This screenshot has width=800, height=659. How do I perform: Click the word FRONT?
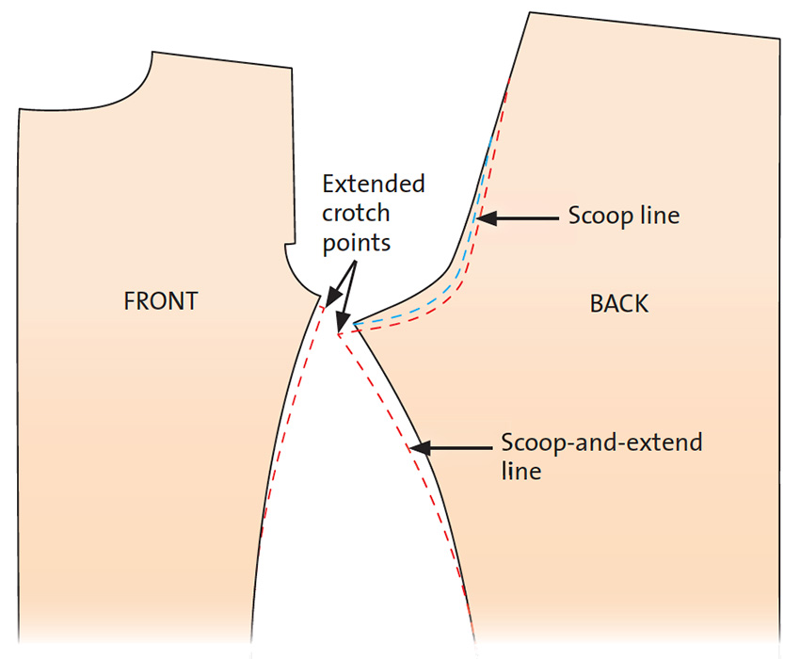click(x=161, y=301)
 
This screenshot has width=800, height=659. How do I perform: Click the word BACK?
click(x=619, y=304)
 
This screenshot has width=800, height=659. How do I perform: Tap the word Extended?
click(x=374, y=184)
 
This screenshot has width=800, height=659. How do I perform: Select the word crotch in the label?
click(x=356, y=213)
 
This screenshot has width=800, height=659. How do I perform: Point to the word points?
click(x=357, y=243)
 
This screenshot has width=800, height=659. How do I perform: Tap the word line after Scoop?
click(x=660, y=215)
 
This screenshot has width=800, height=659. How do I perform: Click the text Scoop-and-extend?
click(x=601, y=442)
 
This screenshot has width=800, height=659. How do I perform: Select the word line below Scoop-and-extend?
click(x=520, y=471)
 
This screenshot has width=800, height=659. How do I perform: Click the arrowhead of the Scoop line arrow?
click(x=486, y=218)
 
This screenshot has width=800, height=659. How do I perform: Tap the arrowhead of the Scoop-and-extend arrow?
click(x=420, y=448)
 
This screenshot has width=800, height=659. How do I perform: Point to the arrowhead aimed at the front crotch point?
click(x=332, y=297)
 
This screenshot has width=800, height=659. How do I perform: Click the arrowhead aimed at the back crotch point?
click(x=343, y=324)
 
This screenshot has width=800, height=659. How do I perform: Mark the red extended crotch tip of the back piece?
click(x=338, y=334)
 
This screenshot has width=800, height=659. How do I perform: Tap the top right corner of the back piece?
click(x=780, y=39)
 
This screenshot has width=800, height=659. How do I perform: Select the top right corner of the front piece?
click(x=292, y=68)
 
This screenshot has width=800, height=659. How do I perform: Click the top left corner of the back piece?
click(x=530, y=12)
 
